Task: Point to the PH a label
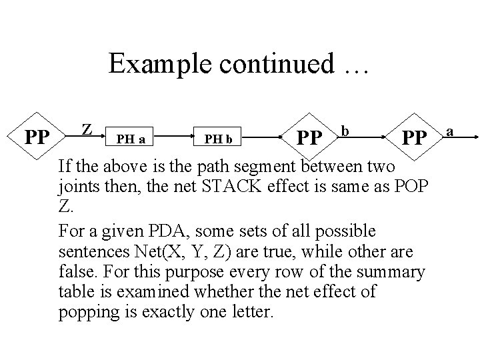click(131, 139)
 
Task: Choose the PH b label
click(218, 139)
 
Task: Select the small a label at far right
click(450, 131)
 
